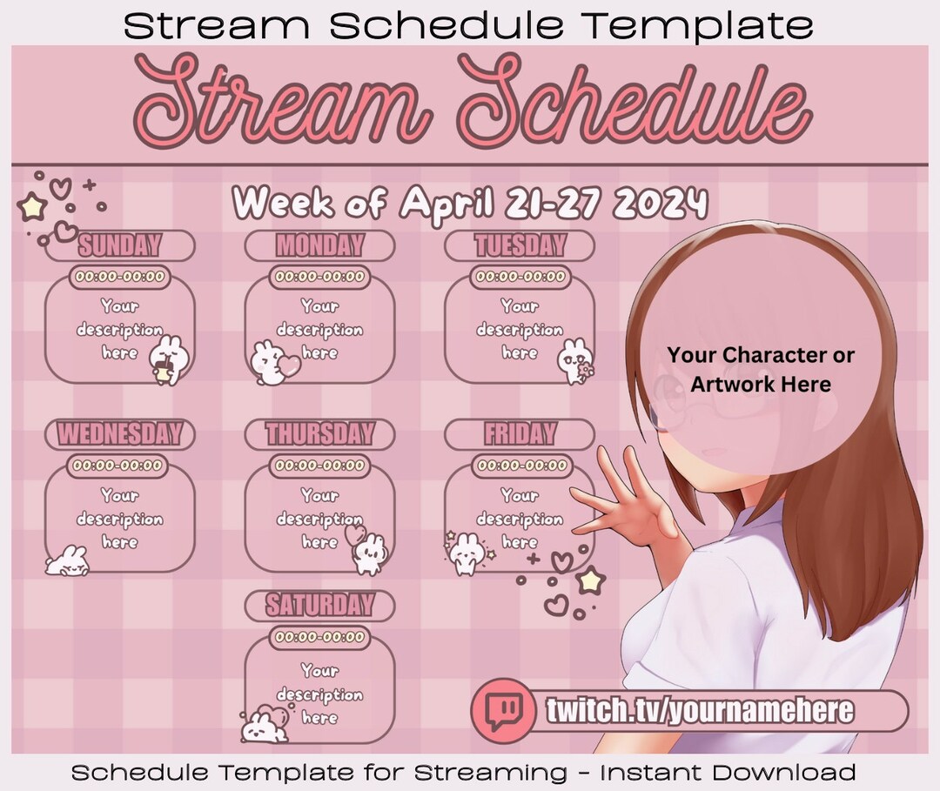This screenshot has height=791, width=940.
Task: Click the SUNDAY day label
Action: (120, 245)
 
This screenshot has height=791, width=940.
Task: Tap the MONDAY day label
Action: (319, 245)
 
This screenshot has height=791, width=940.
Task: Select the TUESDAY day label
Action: (520, 245)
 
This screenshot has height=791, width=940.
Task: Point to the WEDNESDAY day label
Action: (120, 433)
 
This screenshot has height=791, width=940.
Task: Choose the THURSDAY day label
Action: (319, 433)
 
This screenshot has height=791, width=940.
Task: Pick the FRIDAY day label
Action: (520, 433)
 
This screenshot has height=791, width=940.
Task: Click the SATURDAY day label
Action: (319, 605)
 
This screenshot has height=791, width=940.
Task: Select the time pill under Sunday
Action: (120, 277)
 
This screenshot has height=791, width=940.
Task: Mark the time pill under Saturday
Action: (319, 638)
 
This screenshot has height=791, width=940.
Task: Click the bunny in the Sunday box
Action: (166, 359)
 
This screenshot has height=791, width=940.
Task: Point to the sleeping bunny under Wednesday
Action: (68, 561)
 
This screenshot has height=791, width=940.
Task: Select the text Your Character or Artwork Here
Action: (761, 369)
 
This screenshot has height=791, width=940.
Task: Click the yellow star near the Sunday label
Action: (32, 207)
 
